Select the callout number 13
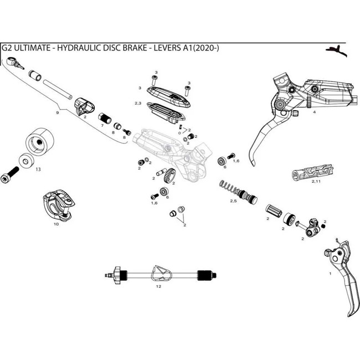(x=37, y=170)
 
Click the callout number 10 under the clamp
(x=56, y=224)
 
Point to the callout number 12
(x=158, y=286)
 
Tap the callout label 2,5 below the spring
(x=233, y=200)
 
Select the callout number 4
(x=314, y=112)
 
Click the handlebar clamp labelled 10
(x=58, y=205)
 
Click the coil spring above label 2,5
(x=228, y=187)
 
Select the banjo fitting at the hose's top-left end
(x=20, y=65)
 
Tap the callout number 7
(x=102, y=126)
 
